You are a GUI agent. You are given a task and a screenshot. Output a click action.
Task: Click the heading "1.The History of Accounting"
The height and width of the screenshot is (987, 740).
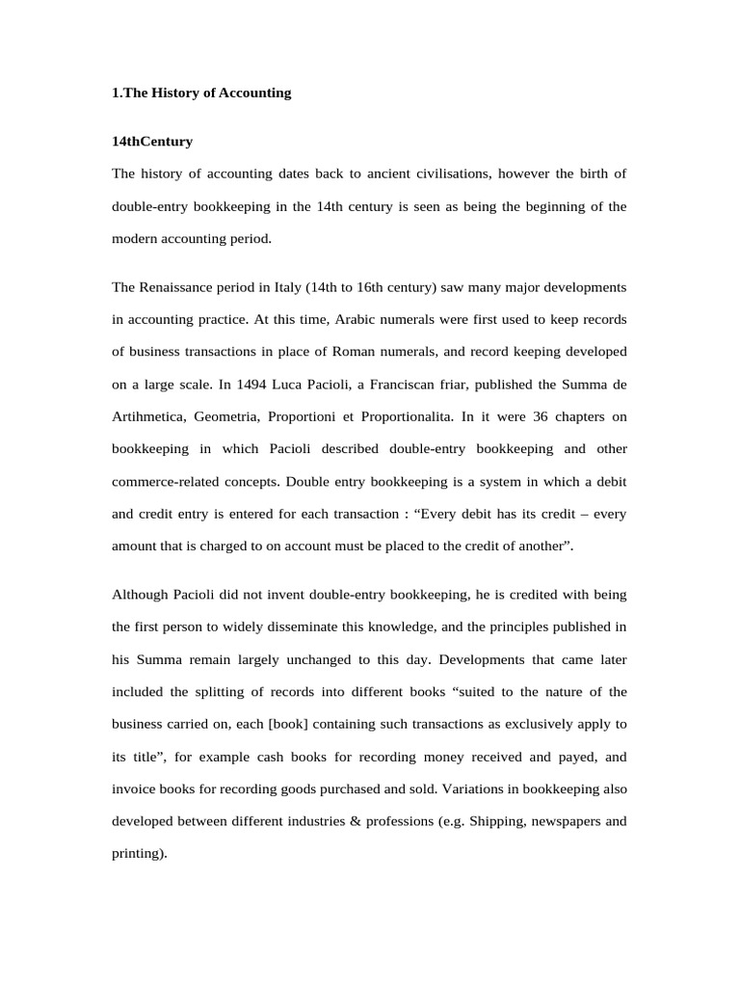tap(201, 93)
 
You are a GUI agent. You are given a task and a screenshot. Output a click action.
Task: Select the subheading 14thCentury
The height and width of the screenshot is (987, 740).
tap(152, 142)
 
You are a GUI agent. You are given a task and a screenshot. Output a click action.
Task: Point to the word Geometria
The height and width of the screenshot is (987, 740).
tap(226, 417)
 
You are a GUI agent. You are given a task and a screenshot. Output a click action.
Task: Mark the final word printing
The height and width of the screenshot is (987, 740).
tap(139, 854)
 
